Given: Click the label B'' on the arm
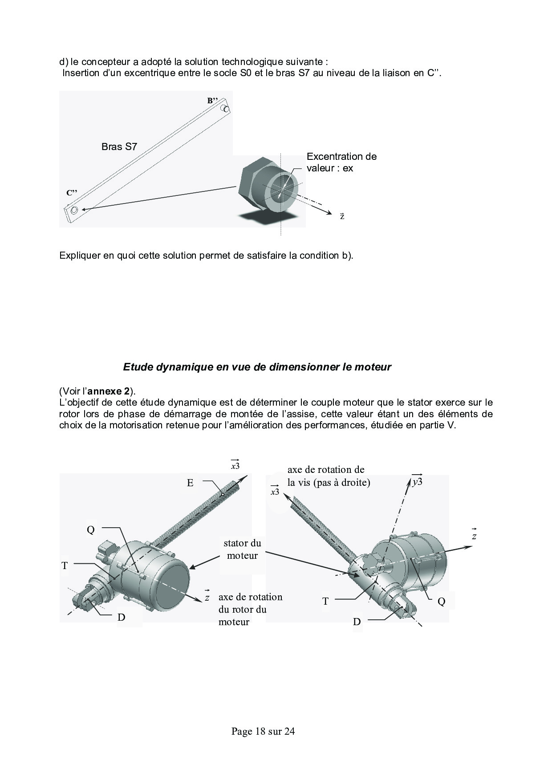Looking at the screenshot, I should (x=212, y=101).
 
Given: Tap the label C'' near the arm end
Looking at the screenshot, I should (x=72, y=193).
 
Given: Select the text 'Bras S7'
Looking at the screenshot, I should (x=119, y=146).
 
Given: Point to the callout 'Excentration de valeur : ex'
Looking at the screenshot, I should (x=341, y=162).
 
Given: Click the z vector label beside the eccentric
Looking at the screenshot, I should (x=342, y=216).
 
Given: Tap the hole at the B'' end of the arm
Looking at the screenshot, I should (x=226, y=109).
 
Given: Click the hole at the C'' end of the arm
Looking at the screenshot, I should (x=74, y=210).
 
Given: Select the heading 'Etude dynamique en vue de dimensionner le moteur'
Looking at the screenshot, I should (x=257, y=367).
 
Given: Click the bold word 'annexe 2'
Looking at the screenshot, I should (x=110, y=391).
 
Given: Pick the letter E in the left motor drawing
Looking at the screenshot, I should (x=190, y=483).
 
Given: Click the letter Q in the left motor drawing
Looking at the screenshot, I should (x=91, y=530).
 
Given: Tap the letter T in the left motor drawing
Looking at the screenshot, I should (x=65, y=565).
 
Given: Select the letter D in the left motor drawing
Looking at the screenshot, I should (x=121, y=617).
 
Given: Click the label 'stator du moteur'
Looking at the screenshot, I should (x=242, y=549).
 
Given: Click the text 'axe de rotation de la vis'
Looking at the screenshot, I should (x=329, y=476).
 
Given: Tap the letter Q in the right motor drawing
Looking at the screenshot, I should (x=441, y=602).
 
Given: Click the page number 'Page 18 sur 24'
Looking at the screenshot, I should (x=263, y=731).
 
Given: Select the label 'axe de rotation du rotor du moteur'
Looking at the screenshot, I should (x=250, y=609).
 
